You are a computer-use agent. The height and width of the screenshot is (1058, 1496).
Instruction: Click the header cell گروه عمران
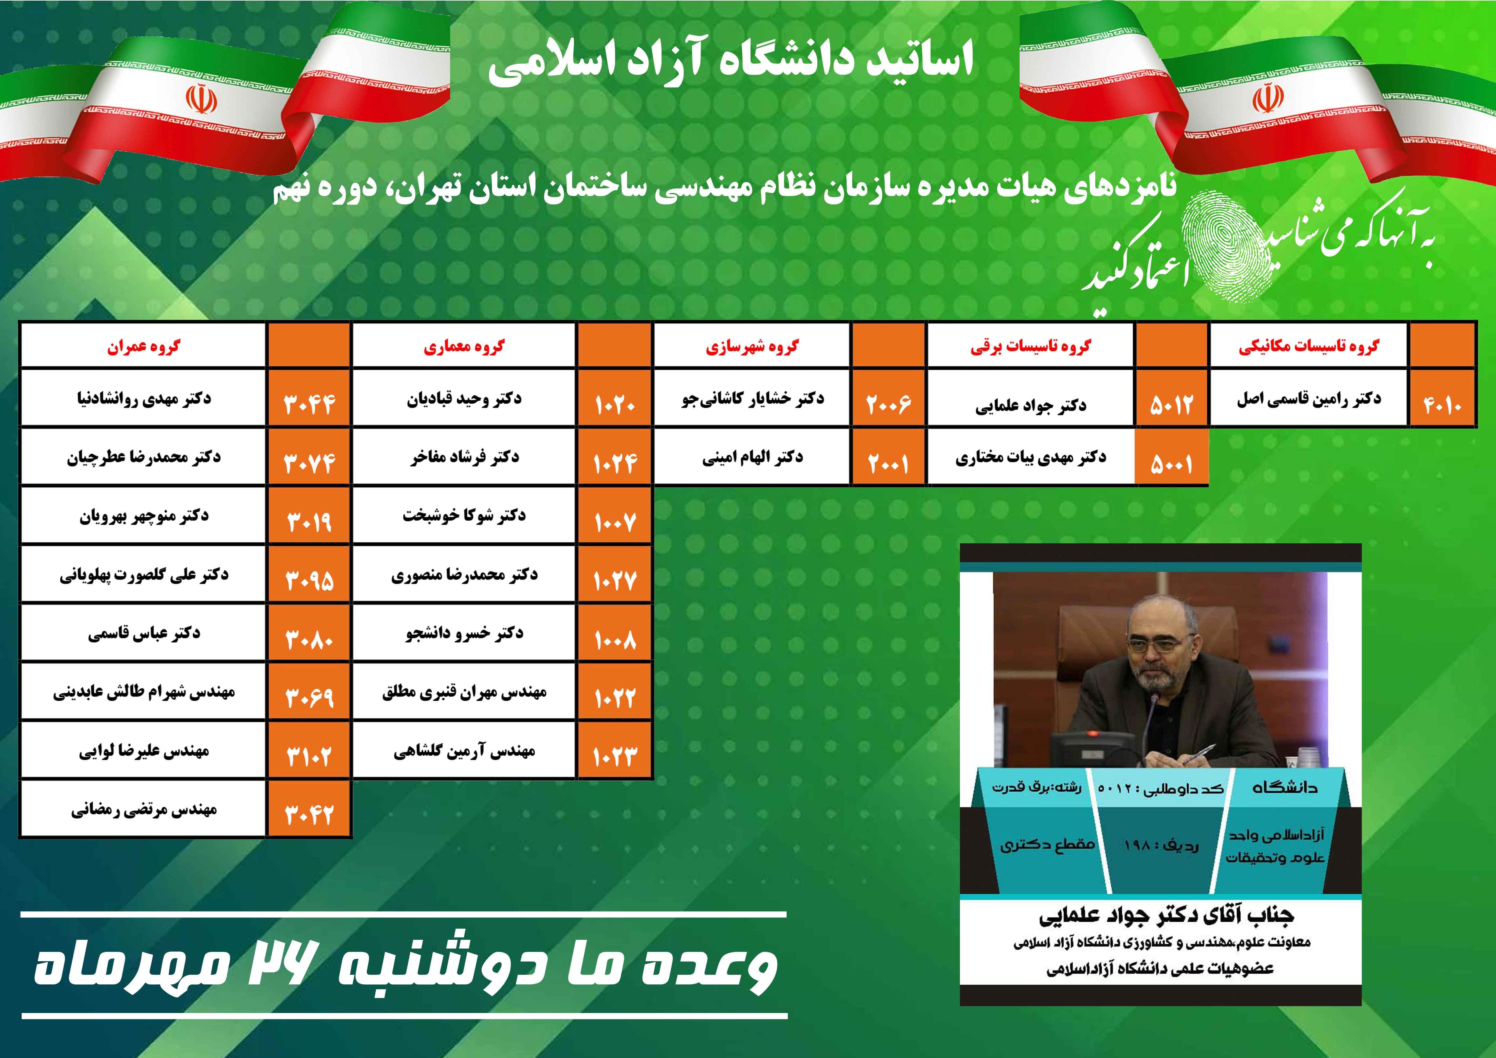point(143,346)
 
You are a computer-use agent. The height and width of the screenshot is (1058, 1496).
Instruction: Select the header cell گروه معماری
point(464,346)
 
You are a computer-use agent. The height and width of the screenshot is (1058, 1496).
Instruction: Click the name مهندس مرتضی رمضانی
point(143,809)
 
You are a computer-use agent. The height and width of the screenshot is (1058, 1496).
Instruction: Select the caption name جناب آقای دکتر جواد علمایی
point(1166,916)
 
